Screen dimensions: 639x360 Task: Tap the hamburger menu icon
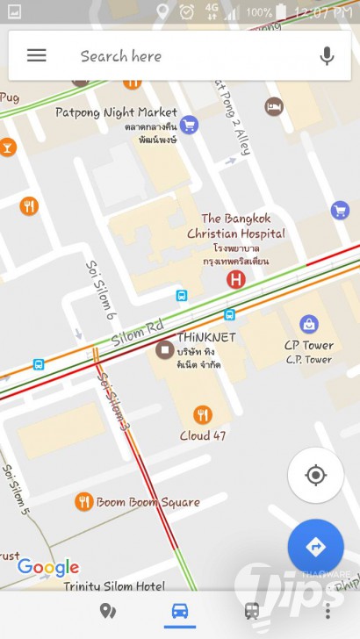[x=36, y=55]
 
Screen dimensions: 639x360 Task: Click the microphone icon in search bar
[x=327, y=56]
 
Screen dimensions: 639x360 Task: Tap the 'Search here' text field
[x=176, y=56]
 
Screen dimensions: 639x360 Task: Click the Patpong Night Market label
[x=116, y=112]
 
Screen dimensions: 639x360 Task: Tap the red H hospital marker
[x=235, y=280]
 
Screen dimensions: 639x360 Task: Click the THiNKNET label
[x=207, y=337]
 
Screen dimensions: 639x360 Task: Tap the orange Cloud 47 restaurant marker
[x=203, y=414]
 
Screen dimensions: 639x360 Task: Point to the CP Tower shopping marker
[x=308, y=325]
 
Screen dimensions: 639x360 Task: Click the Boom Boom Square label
[x=148, y=502]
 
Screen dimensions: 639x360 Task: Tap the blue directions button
[x=315, y=546]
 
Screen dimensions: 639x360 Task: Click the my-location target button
[x=314, y=475]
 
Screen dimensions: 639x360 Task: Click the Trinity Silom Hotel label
[x=114, y=586]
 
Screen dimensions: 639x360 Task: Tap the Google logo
[x=48, y=567]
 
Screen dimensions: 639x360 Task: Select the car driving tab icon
[x=180, y=612]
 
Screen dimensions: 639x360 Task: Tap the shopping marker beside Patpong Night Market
[x=188, y=126]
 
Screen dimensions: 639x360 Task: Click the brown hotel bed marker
[x=274, y=107]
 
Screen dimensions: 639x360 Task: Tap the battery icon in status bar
[x=281, y=12]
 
